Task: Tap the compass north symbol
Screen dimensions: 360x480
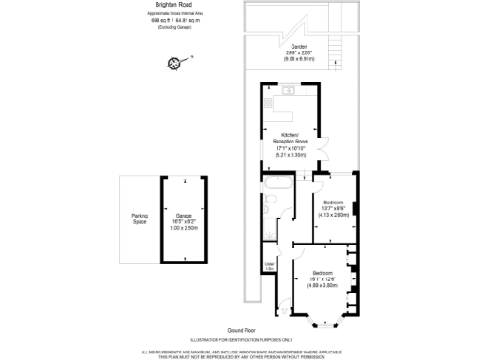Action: (173, 63)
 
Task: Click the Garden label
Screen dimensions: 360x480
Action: (299, 47)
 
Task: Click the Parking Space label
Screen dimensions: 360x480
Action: (140, 220)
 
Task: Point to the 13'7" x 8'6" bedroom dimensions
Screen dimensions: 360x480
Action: (335, 208)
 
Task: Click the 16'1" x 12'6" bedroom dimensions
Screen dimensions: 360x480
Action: (322, 278)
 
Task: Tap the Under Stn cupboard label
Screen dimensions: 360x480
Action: (270, 267)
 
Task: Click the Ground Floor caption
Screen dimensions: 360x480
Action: (241, 329)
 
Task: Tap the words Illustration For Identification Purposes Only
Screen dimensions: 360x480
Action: (241, 339)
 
